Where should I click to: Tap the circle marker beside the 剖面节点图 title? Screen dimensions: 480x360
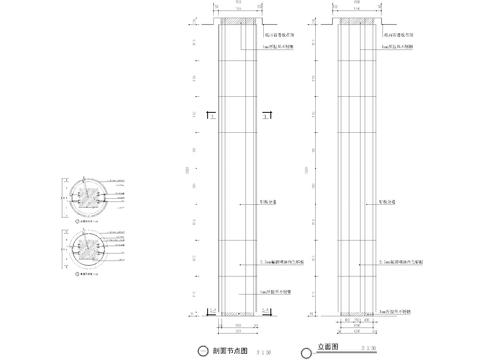coord(205,351)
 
